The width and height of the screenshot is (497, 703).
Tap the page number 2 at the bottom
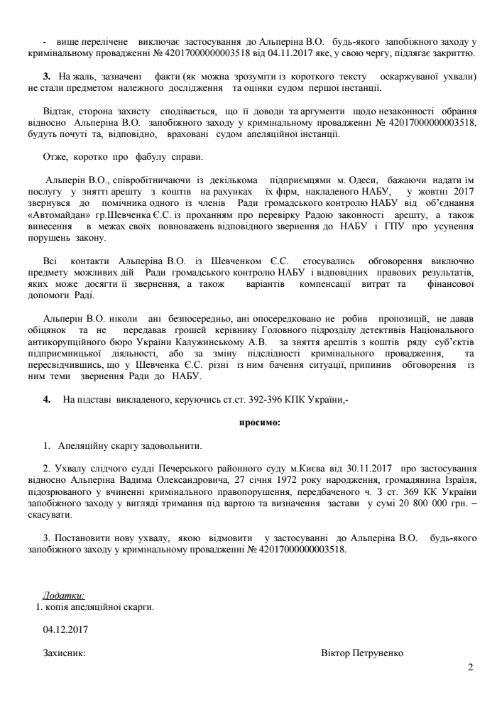coord(469,667)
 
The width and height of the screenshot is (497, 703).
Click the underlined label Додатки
coord(64,595)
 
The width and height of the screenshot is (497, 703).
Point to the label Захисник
coord(65,652)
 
